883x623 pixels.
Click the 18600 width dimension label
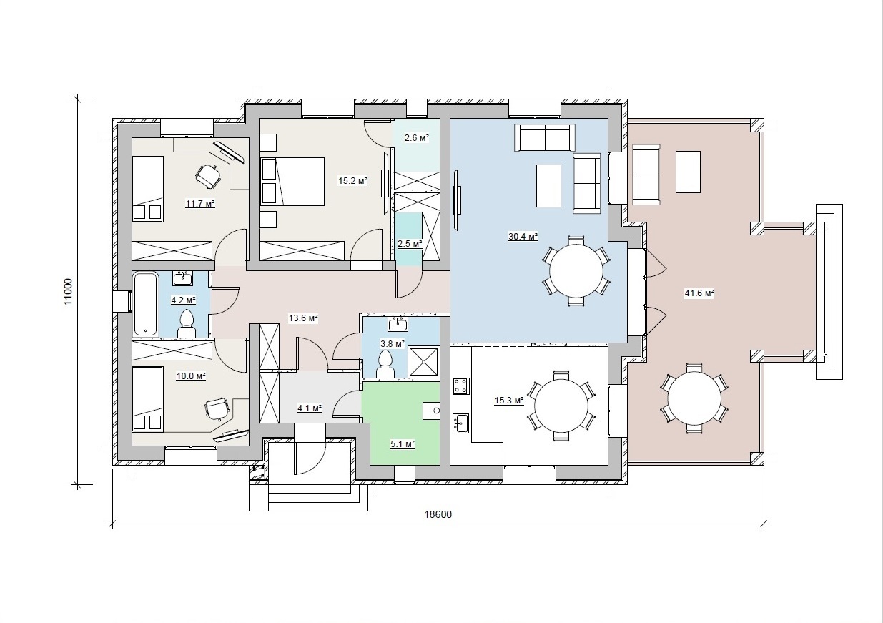click(x=438, y=514)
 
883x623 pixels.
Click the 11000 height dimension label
click(x=68, y=292)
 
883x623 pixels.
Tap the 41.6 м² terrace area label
click(x=700, y=293)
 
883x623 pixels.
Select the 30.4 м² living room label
click(x=523, y=237)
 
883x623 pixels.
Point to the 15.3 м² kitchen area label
click(x=509, y=401)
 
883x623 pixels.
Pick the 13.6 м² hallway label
click(x=303, y=318)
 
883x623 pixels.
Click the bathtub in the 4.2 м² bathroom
click(x=145, y=303)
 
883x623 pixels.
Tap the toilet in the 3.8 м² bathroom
click(x=385, y=365)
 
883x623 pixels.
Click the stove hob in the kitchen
click(x=460, y=386)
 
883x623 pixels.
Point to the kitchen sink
click(x=460, y=423)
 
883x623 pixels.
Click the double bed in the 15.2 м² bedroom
click(x=292, y=181)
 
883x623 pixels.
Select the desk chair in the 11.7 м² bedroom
click(x=208, y=176)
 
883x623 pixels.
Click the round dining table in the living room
click(x=576, y=271)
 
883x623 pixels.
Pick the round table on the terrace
click(x=694, y=398)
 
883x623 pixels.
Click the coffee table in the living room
click(x=548, y=186)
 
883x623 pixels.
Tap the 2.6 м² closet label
click(x=417, y=138)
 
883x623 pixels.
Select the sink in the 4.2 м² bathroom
click(x=182, y=278)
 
